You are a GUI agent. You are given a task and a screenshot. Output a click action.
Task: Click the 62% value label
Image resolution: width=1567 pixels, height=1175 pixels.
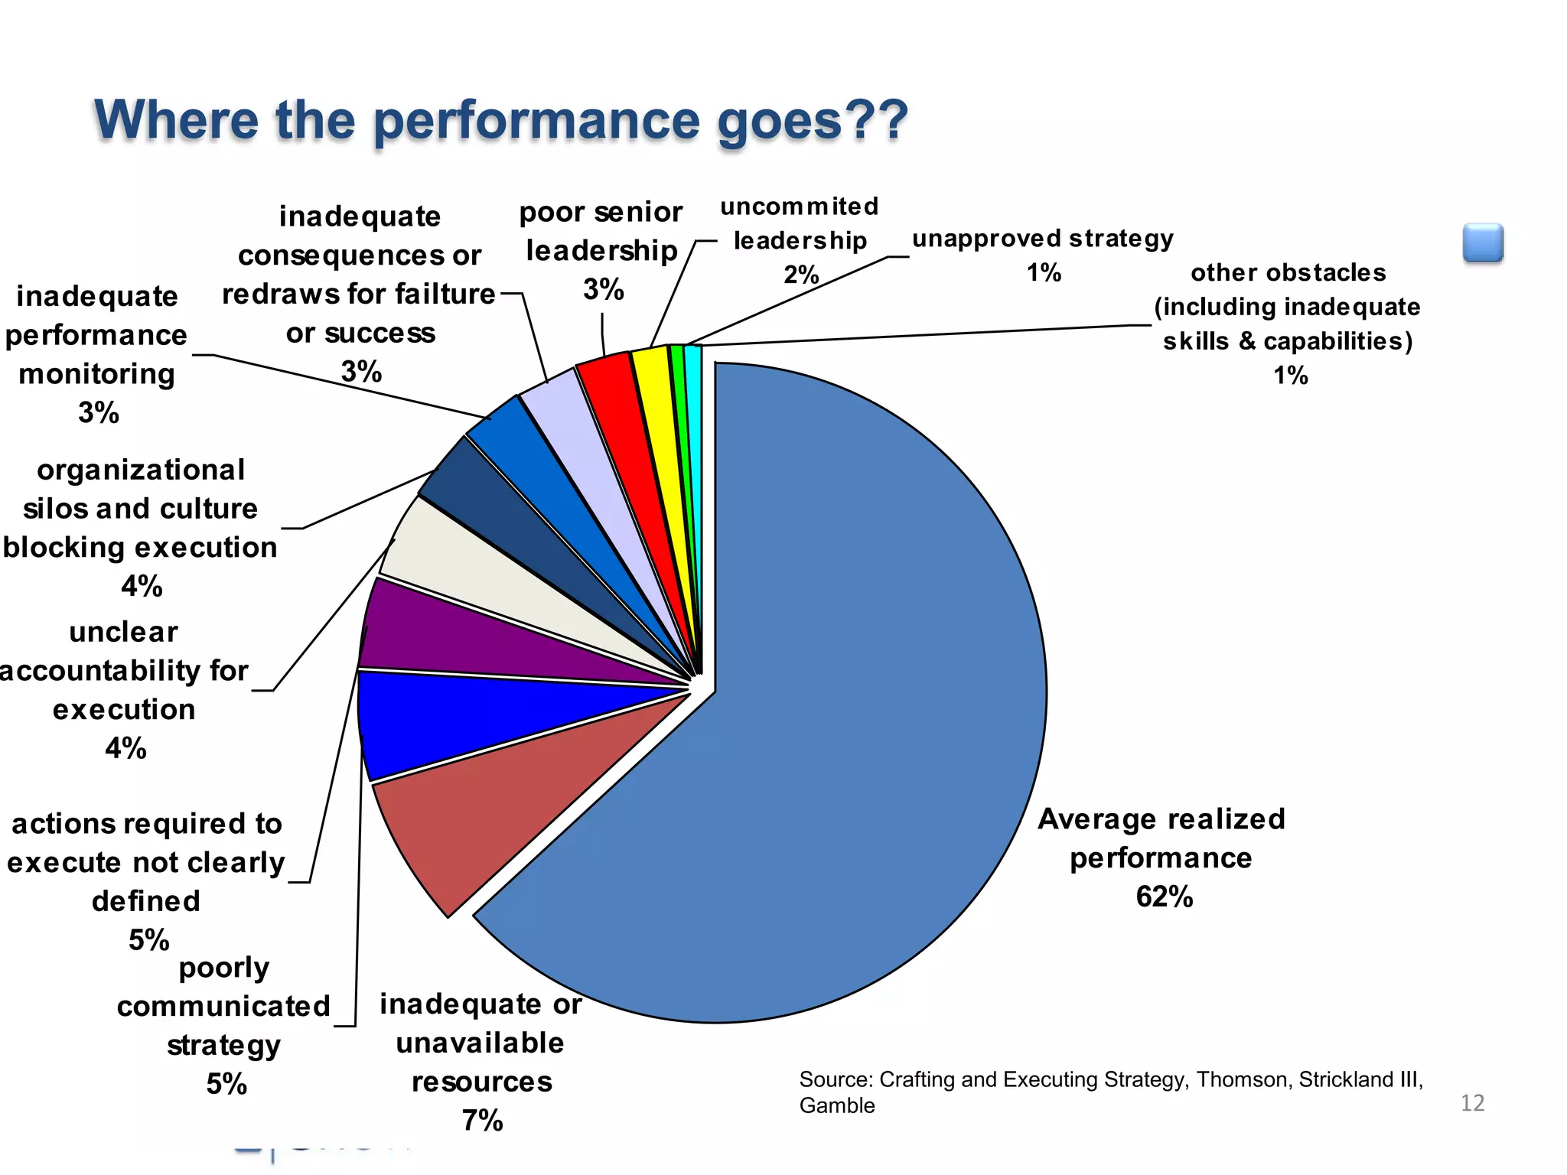(1164, 897)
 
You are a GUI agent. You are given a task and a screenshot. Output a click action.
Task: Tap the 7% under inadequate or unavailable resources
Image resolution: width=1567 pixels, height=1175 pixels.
(482, 1121)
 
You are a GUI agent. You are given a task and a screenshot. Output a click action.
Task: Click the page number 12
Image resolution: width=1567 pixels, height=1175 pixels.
(1472, 1102)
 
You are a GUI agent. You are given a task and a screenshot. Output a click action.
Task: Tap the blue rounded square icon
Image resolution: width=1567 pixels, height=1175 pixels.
(1483, 243)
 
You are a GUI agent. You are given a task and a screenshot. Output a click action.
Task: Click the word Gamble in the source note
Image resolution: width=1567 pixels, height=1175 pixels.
(837, 1106)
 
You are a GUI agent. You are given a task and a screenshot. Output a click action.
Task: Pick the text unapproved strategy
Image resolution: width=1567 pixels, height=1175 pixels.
(1042, 239)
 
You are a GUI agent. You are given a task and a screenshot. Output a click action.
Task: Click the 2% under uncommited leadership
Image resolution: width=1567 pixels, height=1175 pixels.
(801, 274)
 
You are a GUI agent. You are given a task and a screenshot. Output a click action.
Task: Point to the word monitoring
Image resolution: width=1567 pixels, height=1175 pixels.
(96, 374)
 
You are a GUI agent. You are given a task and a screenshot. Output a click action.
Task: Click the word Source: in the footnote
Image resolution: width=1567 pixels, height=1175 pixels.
(836, 1079)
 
